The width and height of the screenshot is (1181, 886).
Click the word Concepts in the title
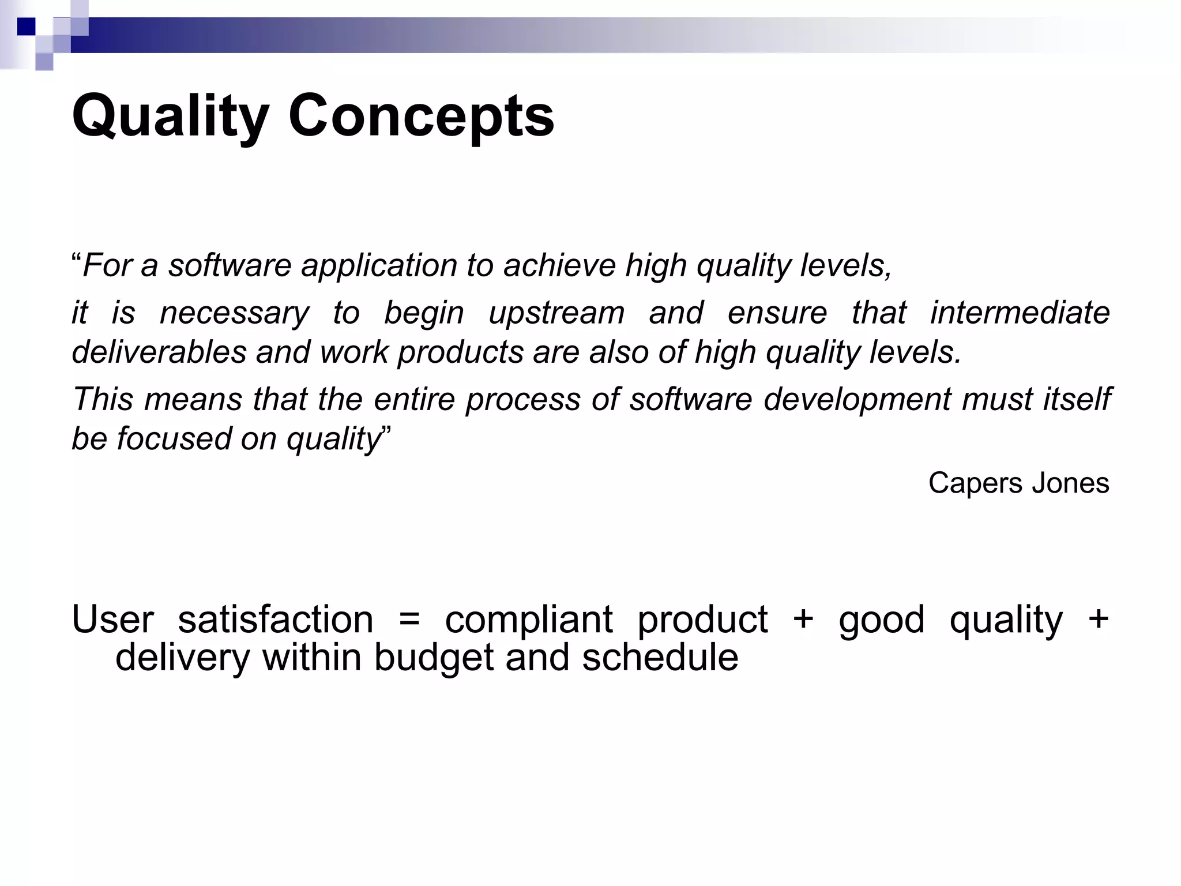421,117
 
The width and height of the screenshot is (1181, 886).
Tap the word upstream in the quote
556,313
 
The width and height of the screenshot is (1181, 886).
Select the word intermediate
1020,313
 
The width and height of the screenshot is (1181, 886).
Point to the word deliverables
159,352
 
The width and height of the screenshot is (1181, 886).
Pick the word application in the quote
379,266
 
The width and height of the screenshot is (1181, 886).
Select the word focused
174,438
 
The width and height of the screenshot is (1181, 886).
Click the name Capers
975,483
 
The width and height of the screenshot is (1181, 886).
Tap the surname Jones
1070,483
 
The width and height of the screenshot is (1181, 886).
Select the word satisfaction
275,620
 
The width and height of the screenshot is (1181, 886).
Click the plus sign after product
803,619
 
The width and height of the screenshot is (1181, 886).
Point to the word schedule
660,657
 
